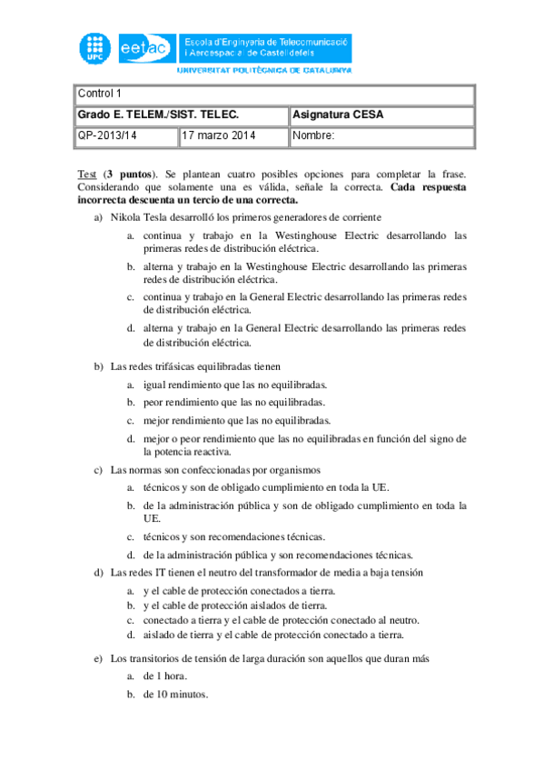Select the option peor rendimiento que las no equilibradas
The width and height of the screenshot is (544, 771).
[233, 403]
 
